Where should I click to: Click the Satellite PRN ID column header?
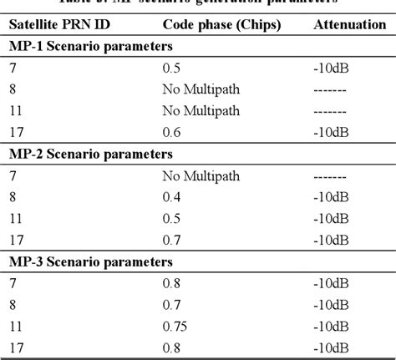(x=59, y=26)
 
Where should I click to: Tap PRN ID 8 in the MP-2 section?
(x=14, y=197)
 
